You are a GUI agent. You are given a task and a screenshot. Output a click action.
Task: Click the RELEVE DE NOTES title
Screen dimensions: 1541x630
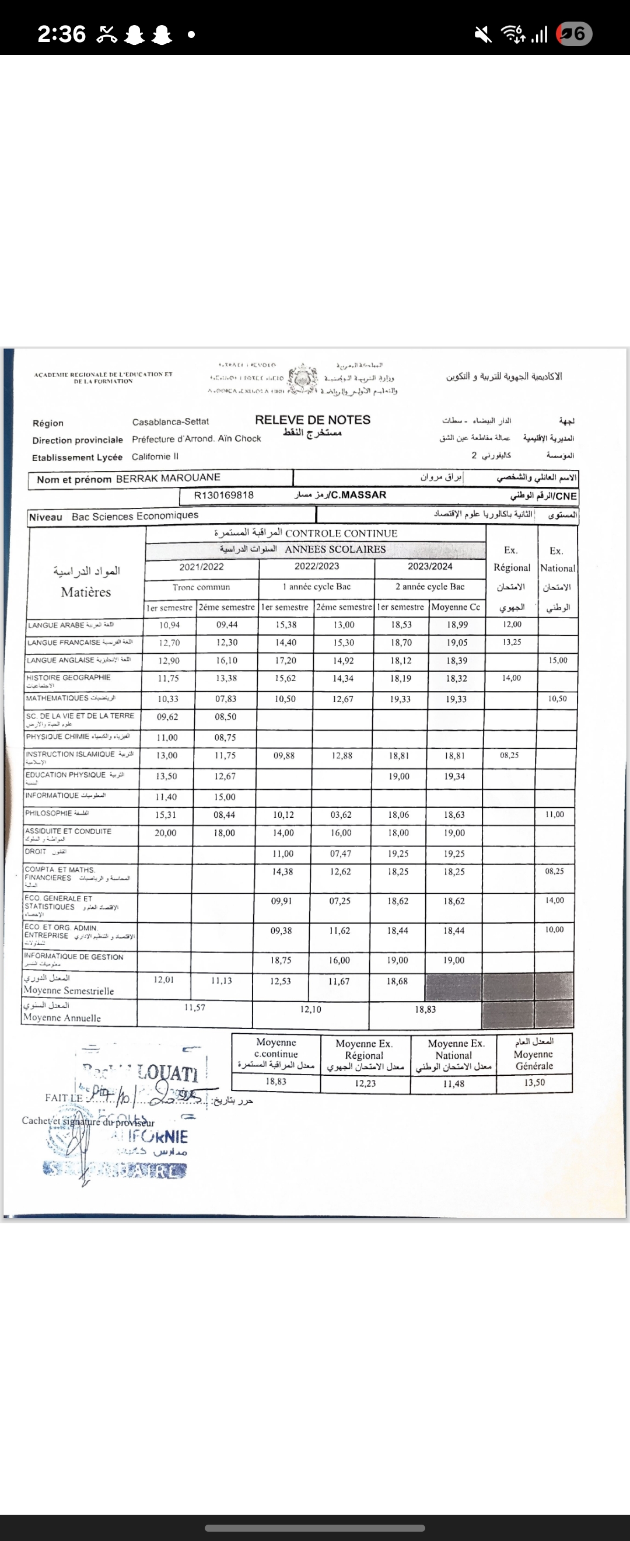[x=313, y=420]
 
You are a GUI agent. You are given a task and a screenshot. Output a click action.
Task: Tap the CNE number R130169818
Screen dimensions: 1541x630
[x=223, y=496]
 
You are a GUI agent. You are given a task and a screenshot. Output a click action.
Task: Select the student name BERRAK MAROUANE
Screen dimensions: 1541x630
[x=168, y=478]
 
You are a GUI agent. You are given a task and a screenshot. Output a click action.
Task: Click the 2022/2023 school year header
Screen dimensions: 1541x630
[x=316, y=567]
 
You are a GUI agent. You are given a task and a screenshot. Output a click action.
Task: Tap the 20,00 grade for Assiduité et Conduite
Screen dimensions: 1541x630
[x=166, y=833]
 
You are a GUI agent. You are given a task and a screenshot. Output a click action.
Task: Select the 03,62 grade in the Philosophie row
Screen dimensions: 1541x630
[x=341, y=815]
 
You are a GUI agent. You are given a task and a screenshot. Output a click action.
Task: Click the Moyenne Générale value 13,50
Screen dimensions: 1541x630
[x=534, y=1082]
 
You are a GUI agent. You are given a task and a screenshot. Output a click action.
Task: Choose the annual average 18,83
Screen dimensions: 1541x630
[x=425, y=1009]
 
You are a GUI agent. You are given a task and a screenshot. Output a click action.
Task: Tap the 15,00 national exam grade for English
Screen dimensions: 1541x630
[x=557, y=660]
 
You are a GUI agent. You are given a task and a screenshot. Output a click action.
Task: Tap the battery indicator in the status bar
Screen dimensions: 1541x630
[x=574, y=34]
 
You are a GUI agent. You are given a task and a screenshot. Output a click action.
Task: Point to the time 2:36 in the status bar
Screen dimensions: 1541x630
[x=62, y=34]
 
